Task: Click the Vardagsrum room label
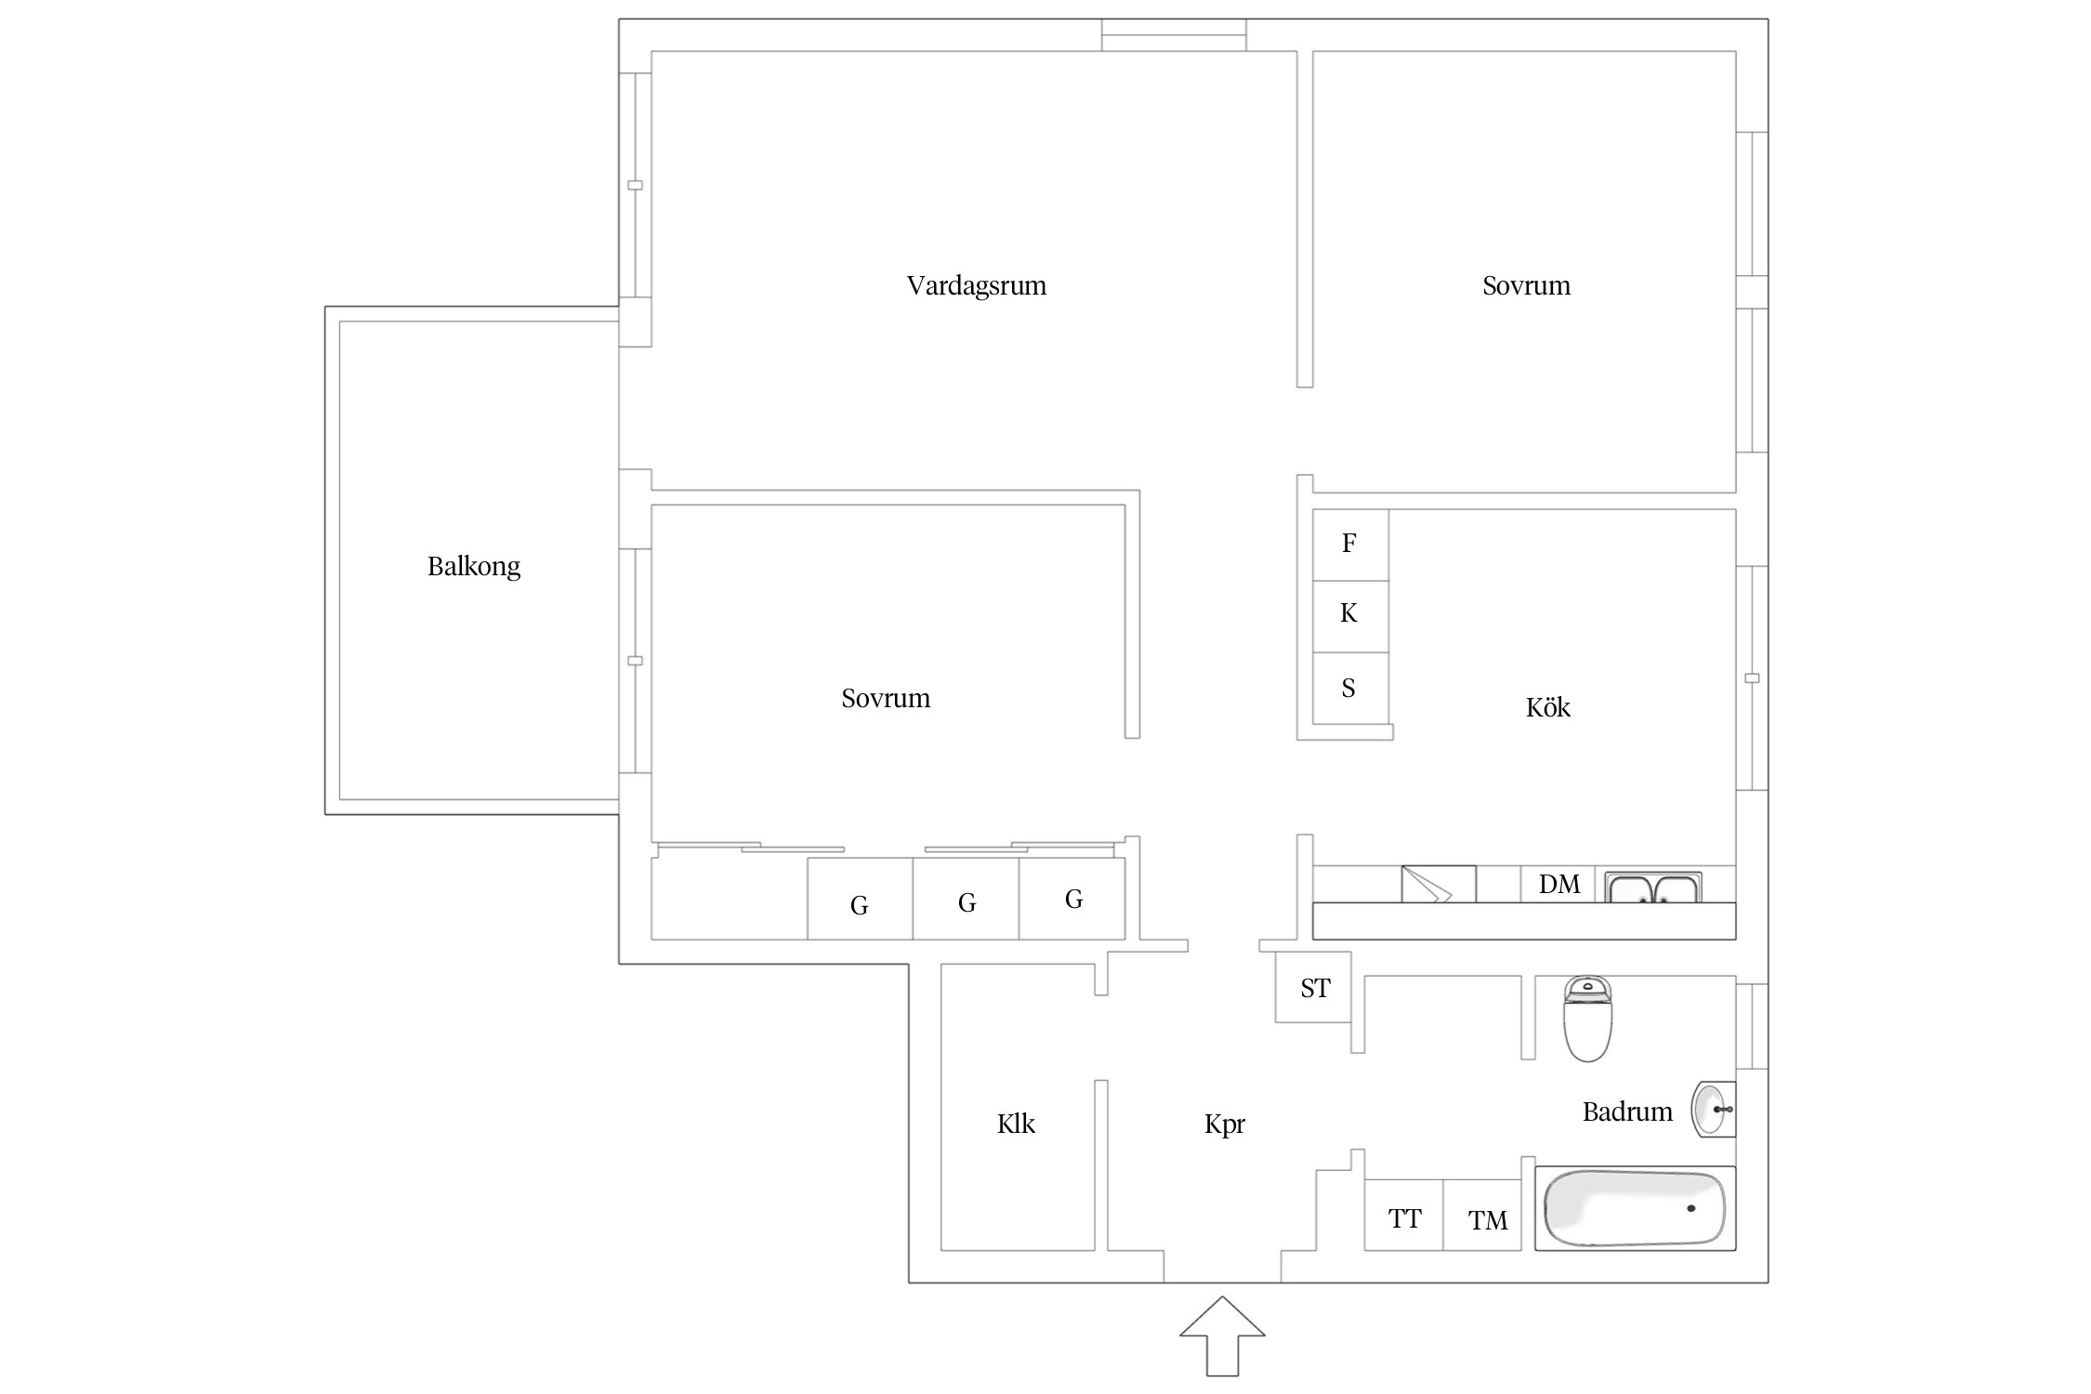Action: [x=976, y=285]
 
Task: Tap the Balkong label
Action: [x=474, y=567]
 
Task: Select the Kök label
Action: [x=1548, y=707]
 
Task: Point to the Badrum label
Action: [x=1627, y=1111]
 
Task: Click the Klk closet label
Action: [x=1016, y=1124]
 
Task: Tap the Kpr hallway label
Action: [x=1225, y=1124]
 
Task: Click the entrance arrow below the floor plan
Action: [x=1222, y=1335]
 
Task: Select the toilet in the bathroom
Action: [x=1587, y=1019]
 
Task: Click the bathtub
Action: [x=1635, y=1208]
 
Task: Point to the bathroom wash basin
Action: [x=1713, y=1110]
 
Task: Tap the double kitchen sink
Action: [x=1653, y=888]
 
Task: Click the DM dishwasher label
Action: [x=1559, y=884]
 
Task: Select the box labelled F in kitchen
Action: [x=1350, y=545]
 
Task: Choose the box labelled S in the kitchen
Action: [x=1350, y=688]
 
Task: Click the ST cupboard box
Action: [x=1313, y=987]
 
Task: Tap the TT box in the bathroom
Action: [x=1404, y=1215]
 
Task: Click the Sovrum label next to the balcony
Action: [x=886, y=698]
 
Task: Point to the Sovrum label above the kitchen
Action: [x=1526, y=285]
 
